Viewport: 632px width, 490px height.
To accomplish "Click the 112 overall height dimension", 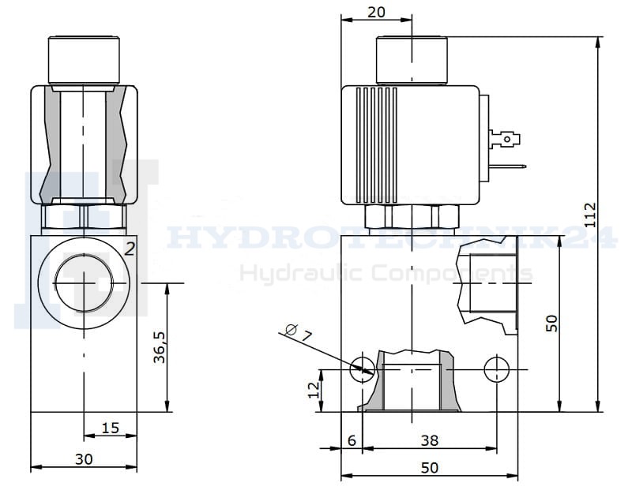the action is click(x=589, y=215).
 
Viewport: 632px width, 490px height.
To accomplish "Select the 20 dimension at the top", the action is click(x=377, y=13).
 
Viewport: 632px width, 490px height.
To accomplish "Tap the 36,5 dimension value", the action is click(x=160, y=347).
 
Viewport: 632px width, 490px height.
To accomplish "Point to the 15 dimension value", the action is click(x=110, y=428).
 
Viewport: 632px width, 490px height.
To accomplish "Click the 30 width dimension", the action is click(x=84, y=459).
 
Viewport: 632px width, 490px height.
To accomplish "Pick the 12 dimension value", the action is click(x=314, y=390).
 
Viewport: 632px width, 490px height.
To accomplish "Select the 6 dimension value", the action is click(x=352, y=440).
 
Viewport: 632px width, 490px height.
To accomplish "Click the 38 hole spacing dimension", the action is click(x=430, y=440).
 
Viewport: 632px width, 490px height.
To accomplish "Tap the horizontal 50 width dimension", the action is click(x=430, y=468).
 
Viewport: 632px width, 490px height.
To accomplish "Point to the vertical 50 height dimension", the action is click(x=551, y=324).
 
